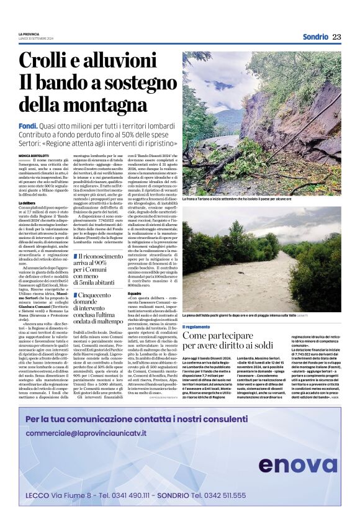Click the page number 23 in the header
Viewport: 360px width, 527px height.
click(336, 37)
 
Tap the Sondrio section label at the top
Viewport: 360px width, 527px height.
click(315, 37)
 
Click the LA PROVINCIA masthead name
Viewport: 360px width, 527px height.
click(28, 34)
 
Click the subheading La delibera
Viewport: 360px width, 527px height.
click(27, 203)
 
